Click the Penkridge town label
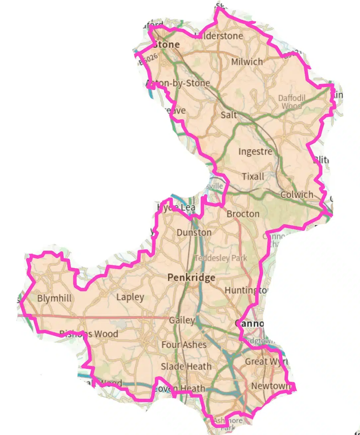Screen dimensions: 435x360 point(191,278)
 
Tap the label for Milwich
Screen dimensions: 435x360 point(247,62)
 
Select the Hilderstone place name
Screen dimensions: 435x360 point(219,36)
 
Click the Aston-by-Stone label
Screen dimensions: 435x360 point(178,83)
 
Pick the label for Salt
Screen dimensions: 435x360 point(229,115)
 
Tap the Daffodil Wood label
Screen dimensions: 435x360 point(292,102)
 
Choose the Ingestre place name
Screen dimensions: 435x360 point(255,152)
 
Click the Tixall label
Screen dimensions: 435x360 point(253,176)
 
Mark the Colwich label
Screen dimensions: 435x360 point(297,195)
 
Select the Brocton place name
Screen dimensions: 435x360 point(243,214)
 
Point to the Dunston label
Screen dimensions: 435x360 point(194,232)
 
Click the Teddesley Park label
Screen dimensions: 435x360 point(221,258)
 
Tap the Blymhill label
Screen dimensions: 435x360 point(54,298)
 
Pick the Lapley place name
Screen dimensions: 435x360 point(130,297)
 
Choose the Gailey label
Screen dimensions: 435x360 point(182,320)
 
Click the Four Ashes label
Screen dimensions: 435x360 point(184,345)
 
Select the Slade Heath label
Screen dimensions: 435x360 point(186,367)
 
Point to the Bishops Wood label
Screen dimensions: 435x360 point(89,334)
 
